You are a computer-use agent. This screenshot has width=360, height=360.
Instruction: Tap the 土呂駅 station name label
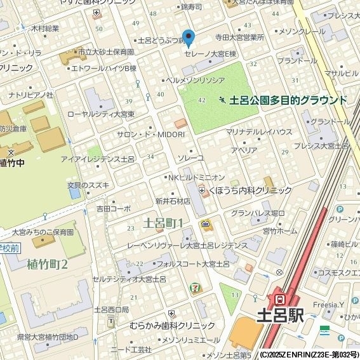[281, 314]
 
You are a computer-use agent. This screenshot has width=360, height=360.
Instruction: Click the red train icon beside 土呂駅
[278, 297]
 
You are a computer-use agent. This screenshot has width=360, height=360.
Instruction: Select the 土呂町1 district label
[163, 223]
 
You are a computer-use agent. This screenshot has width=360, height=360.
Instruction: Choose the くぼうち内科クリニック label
[250, 190]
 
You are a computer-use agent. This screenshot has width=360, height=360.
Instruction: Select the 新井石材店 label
[173, 201]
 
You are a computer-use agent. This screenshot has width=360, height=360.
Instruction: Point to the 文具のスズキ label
[88, 185]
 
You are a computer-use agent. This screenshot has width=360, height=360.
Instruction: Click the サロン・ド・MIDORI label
[151, 135]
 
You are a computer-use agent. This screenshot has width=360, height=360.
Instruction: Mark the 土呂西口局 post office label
[112, 310]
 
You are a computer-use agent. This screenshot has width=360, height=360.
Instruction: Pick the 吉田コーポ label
[114, 208]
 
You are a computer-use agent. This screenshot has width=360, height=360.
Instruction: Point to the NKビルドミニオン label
[196, 177]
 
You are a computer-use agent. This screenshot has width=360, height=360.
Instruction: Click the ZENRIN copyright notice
[309, 354]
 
